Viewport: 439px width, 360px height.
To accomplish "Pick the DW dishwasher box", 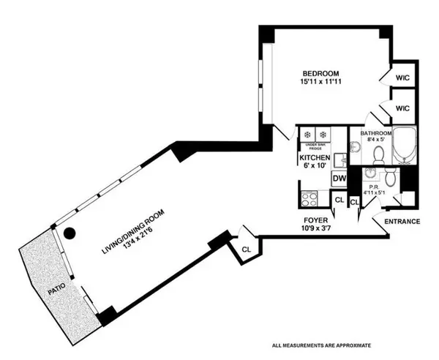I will [x=339, y=178].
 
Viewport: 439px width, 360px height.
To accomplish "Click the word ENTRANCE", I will [x=402, y=221].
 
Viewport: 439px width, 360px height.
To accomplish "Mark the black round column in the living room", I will [x=70, y=234].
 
